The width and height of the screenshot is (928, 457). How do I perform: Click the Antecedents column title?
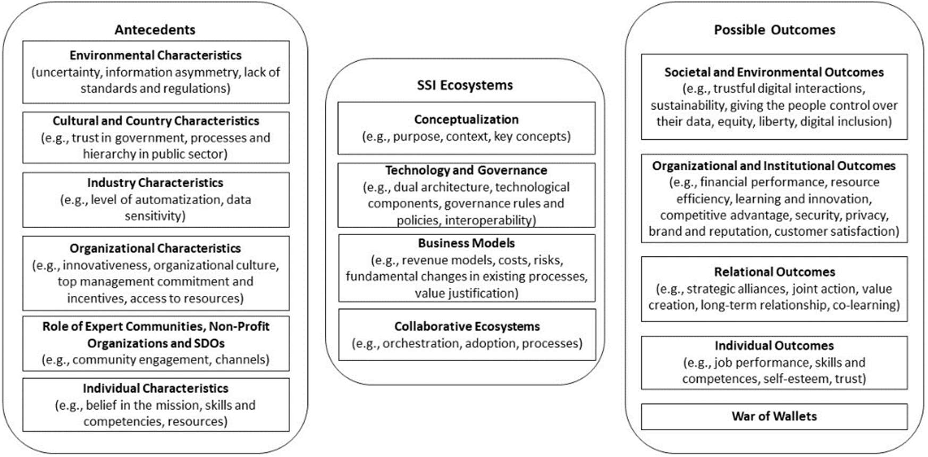pyautogui.click(x=155, y=30)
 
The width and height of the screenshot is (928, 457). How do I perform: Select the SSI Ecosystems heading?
pyautogui.click(x=465, y=85)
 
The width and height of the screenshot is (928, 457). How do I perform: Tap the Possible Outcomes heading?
pyautogui.click(x=774, y=30)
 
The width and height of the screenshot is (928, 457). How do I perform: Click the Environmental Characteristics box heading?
pyautogui.click(x=155, y=55)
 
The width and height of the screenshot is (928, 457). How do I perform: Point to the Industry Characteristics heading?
pyautogui.click(x=155, y=183)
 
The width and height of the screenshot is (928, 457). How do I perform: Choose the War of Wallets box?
pyautogui.click(x=774, y=417)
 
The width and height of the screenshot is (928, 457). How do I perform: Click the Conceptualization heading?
pyautogui.click(x=466, y=120)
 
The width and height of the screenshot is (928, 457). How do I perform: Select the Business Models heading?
pyautogui.click(x=466, y=244)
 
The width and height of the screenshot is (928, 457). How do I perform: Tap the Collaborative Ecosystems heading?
pyautogui.click(x=467, y=327)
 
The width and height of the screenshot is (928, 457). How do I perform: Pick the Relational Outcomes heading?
pyautogui.click(x=774, y=272)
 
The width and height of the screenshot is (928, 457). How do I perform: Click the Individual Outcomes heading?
pyautogui.click(x=774, y=346)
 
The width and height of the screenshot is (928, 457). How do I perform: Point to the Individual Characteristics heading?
pyautogui.click(x=155, y=388)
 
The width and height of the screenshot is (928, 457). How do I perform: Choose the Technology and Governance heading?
pyautogui.click(x=466, y=170)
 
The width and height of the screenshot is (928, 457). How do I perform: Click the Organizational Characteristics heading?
pyautogui.click(x=155, y=248)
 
